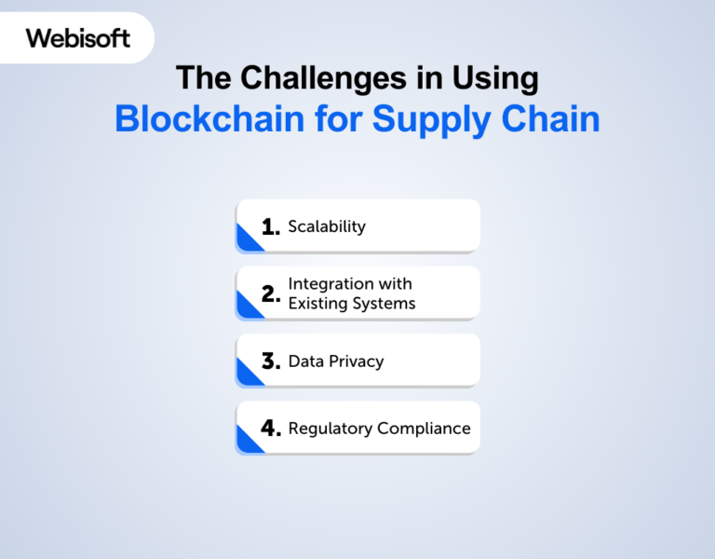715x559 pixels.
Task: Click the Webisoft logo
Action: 78,38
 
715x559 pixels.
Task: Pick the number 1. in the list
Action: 271,227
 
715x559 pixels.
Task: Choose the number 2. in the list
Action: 271,294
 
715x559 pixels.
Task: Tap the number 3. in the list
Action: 271,361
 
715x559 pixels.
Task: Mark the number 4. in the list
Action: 271,429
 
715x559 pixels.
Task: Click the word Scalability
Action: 327,226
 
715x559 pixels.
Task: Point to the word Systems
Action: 385,303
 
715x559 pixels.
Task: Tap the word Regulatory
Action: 331,429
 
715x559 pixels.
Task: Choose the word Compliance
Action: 424,429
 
